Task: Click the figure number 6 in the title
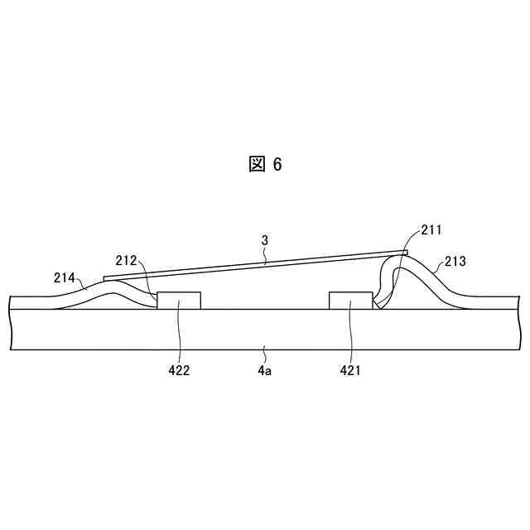pos(277,165)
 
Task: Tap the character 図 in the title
pos(257,164)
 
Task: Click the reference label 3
pos(264,240)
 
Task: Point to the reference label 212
pos(126,260)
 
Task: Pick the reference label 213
pos(455,261)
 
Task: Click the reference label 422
pos(178,370)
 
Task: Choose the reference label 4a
pos(264,370)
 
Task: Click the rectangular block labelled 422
pos(178,300)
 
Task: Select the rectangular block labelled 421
pos(350,300)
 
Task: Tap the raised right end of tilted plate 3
pos(405,252)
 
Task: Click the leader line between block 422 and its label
pos(179,335)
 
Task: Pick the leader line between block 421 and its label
pos(350,335)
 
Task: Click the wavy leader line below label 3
pos(265,255)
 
